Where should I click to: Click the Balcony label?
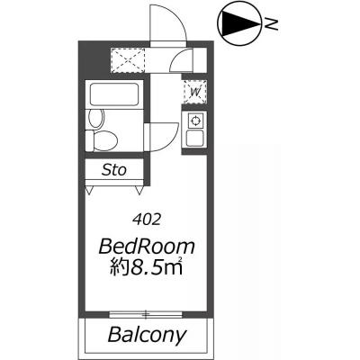tap(148, 335)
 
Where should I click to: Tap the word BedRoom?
tap(147, 247)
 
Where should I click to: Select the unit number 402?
tap(147, 220)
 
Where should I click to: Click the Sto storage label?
tap(114, 170)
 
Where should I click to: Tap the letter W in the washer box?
tap(195, 93)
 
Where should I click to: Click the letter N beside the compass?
tap(271, 24)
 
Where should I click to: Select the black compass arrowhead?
tap(240, 24)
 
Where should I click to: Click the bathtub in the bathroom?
tap(114, 94)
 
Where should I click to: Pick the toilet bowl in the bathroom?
tap(102, 141)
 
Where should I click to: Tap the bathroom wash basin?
tap(96, 118)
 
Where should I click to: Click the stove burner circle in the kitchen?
tap(195, 121)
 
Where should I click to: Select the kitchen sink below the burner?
tap(194, 138)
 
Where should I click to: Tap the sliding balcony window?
tap(146, 315)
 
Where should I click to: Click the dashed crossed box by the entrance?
tap(129, 60)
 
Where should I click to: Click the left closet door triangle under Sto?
tap(89, 190)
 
